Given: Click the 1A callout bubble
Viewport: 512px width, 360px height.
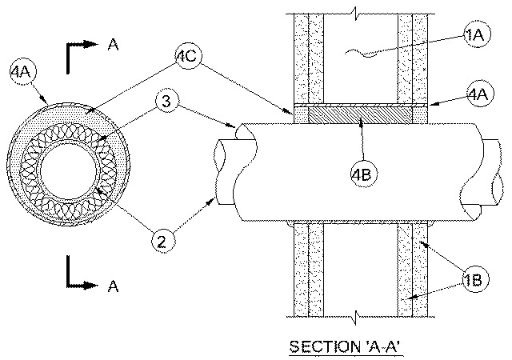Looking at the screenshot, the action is point(478,34).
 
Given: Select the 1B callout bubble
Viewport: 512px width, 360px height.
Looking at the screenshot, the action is point(476,280).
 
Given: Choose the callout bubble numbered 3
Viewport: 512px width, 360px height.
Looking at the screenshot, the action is point(167,101).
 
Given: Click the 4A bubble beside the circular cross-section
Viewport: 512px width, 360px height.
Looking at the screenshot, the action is point(22,71).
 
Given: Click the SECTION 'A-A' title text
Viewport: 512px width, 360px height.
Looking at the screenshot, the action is point(346,346).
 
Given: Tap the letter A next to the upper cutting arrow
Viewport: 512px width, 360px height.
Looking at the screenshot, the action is point(113,45).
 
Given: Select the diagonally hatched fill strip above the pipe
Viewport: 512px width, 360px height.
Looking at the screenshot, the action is point(360,116).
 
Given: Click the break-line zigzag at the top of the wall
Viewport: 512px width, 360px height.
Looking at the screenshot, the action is point(355,14).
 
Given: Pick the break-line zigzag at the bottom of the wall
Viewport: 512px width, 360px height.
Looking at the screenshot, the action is point(355,317).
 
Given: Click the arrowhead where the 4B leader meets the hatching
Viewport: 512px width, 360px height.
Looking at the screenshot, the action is point(361,123).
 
